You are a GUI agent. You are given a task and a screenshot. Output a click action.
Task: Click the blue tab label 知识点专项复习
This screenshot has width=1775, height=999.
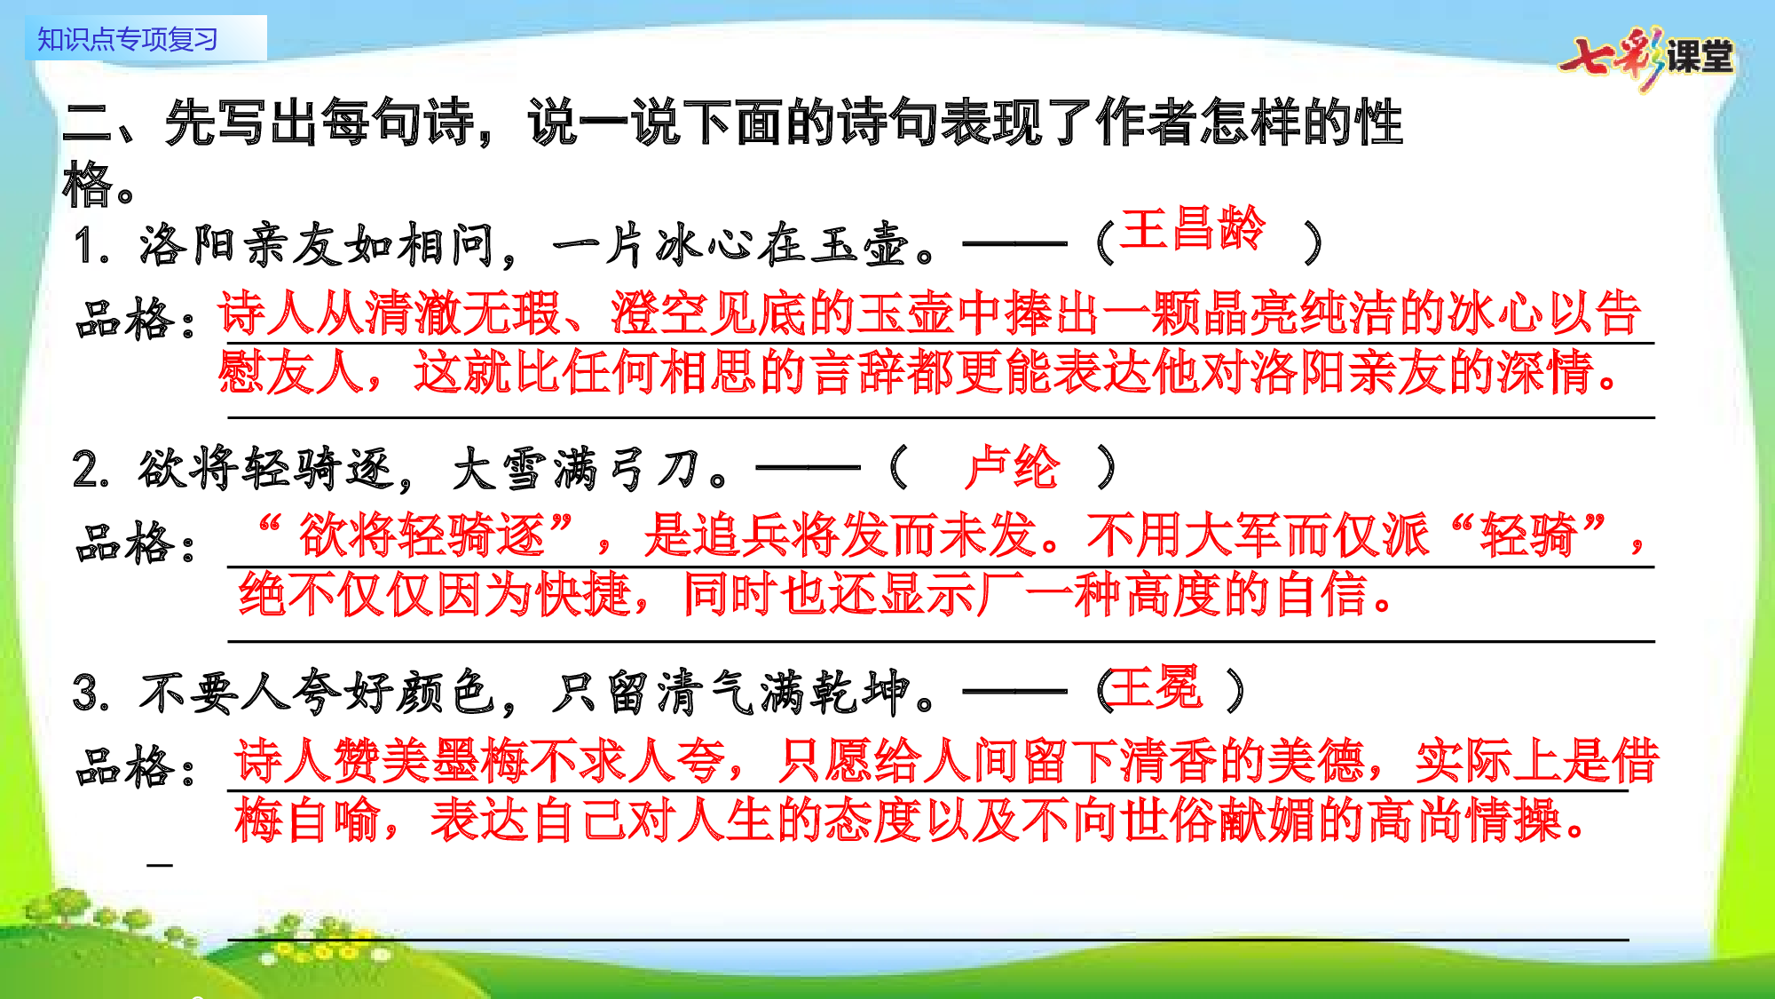pos(128,39)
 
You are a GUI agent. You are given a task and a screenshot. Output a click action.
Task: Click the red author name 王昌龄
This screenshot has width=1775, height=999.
pos(1192,229)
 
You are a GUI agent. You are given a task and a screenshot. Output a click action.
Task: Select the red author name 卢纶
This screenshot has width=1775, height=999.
pos(1012,467)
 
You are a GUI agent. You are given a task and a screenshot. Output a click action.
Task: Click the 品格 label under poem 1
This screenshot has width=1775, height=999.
pos(124,320)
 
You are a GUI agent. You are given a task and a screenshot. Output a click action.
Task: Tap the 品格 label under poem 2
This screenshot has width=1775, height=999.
pos(124,543)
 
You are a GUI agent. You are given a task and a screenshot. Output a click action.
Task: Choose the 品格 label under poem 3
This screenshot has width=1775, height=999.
pos(124,767)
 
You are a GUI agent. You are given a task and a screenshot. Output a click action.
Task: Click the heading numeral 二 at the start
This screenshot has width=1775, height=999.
pos(87,123)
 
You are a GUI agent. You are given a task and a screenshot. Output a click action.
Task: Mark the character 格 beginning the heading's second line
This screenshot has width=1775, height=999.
pos(87,185)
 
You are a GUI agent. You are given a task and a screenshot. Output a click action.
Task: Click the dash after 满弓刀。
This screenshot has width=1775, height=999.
pos(808,467)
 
